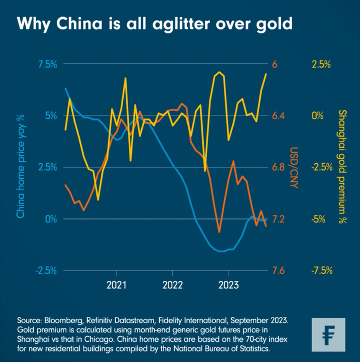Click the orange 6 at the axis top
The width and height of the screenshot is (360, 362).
(x=274, y=64)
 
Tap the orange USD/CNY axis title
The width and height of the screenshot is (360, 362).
(x=294, y=168)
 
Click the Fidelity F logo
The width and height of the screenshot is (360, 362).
(x=328, y=335)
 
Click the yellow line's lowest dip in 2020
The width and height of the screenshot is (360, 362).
(x=98, y=199)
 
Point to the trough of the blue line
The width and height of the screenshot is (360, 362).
(x=221, y=252)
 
